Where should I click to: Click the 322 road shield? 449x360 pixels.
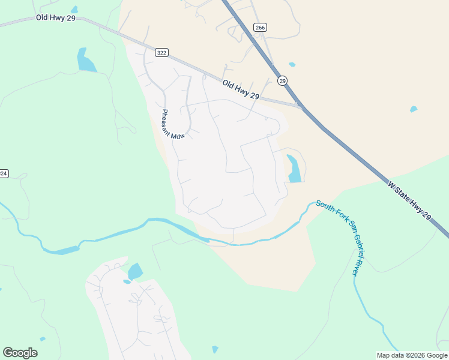(x=161, y=53)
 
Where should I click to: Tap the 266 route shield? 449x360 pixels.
(x=259, y=28)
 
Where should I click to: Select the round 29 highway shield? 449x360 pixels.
(x=282, y=80)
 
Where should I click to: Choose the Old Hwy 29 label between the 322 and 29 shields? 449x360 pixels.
(x=240, y=90)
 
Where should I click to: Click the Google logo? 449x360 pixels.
(x=20, y=353)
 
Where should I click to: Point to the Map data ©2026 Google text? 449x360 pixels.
(x=412, y=355)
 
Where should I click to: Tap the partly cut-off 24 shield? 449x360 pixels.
(x=3, y=173)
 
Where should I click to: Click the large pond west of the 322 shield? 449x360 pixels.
(x=86, y=61)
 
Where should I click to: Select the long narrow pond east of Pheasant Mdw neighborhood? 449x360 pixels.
(x=294, y=169)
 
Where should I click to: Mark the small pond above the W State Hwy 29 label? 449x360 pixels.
(x=413, y=109)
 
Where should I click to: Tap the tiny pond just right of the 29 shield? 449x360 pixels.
(x=292, y=64)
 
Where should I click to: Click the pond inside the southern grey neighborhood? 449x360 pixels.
(x=135, y=271)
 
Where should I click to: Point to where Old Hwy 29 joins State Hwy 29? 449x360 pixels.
(x=300, y=107)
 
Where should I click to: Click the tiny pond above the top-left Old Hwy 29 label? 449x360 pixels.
(x=74, y=10)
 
